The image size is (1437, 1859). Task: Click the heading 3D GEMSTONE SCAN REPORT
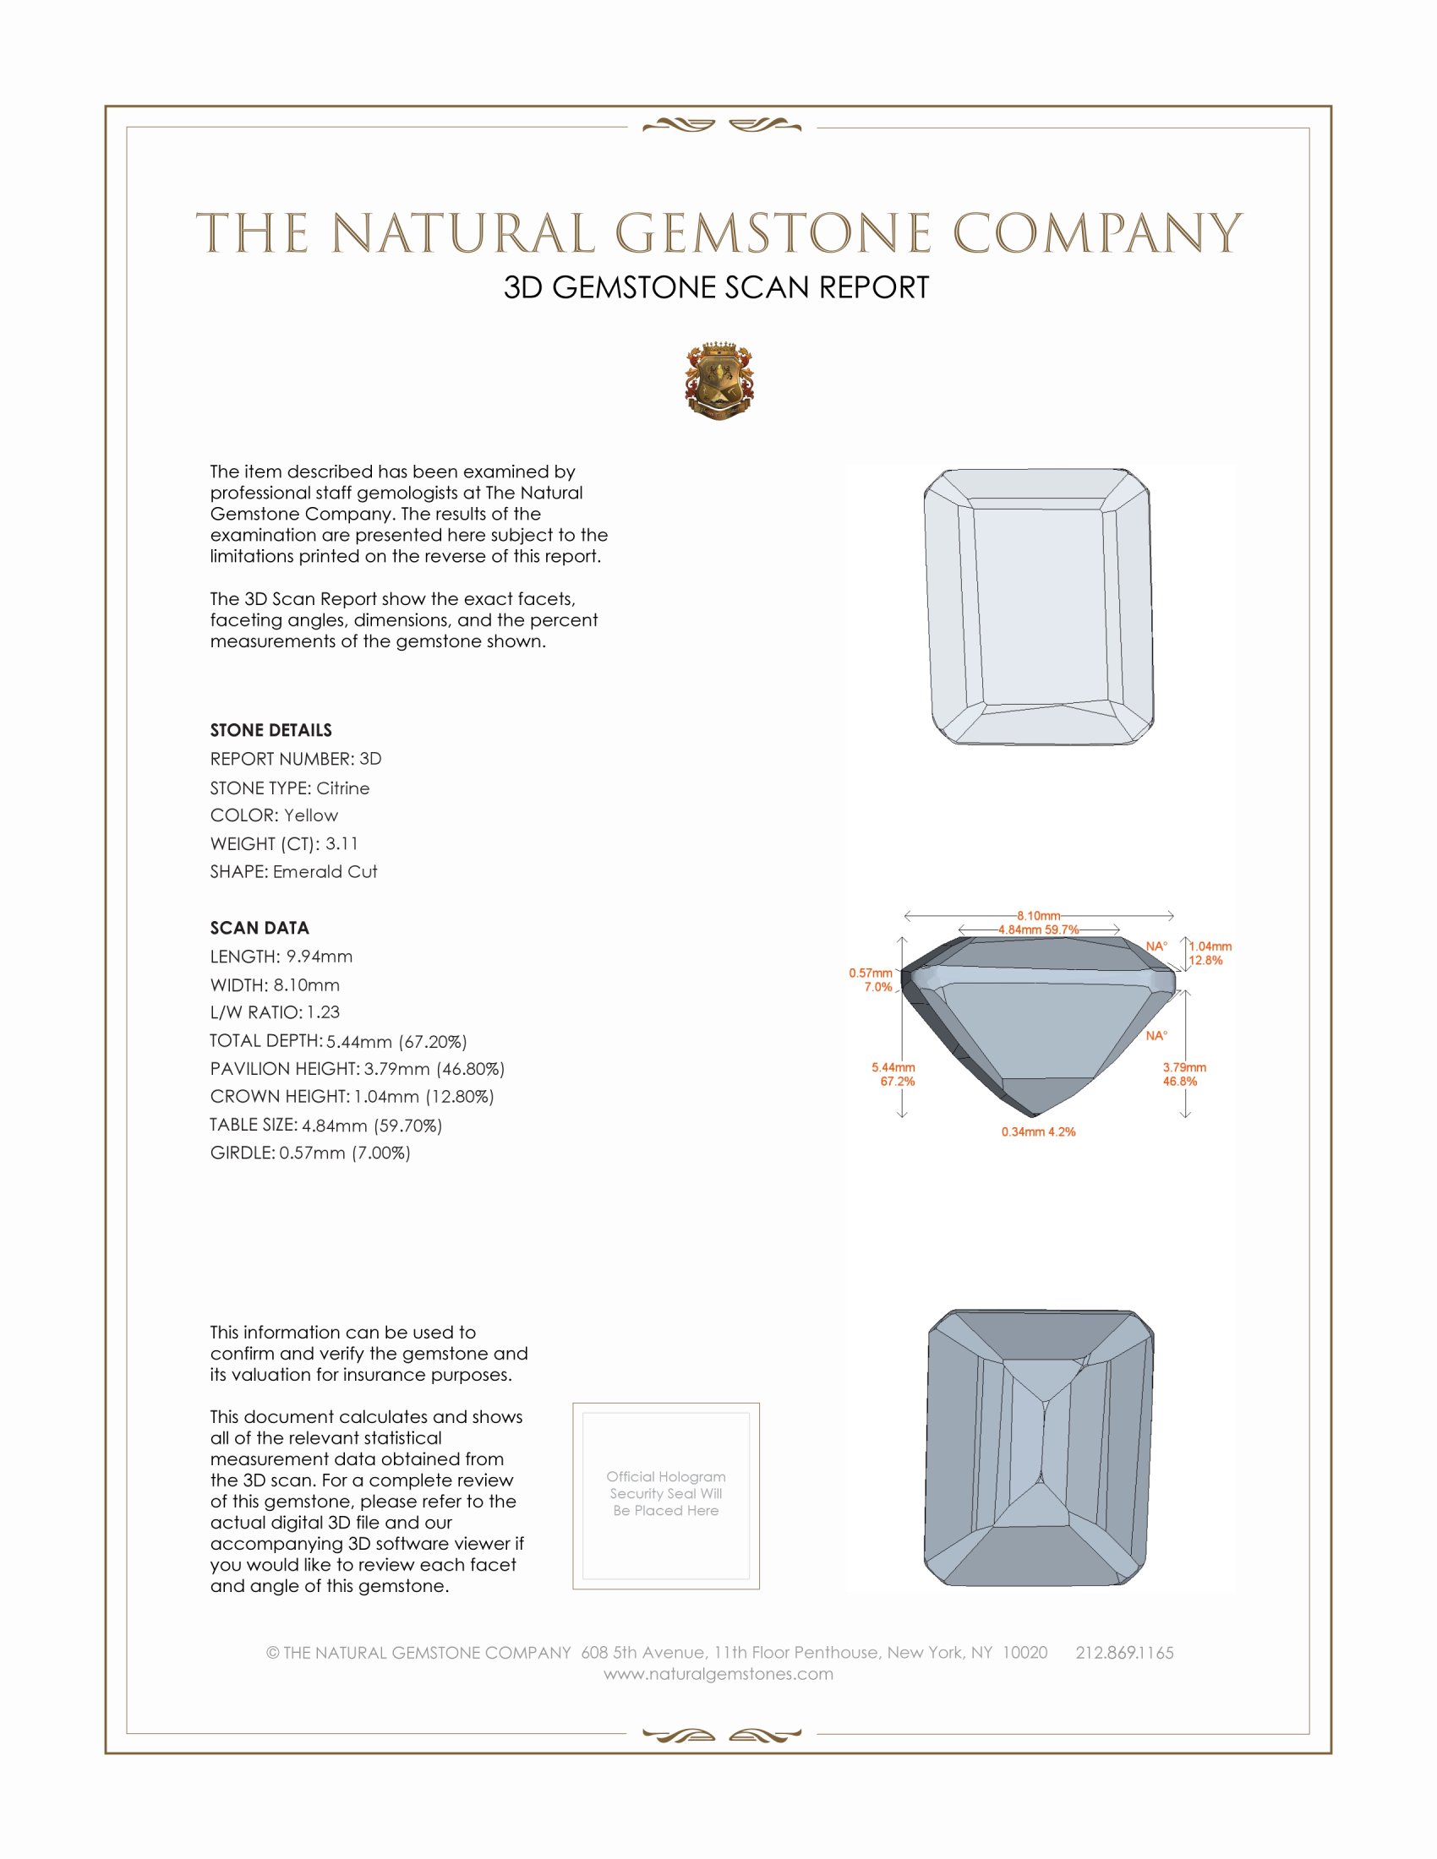tap(716, 287)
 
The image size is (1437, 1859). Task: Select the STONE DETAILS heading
tap(270, 730)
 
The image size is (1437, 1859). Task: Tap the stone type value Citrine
tap(342, 788)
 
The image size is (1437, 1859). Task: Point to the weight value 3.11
tap(341, 843)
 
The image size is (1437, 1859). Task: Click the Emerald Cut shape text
tap(325, 872)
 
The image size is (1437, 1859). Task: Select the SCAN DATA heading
tap(260, 928)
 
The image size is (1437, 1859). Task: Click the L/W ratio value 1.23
tap(324, 1012)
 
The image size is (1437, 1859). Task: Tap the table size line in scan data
tap(326, 1126)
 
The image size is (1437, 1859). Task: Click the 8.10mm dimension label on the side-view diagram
tap(1038, 916)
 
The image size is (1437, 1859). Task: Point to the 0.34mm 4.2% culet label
tap(1038, 1132)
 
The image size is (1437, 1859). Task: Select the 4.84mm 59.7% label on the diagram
tap(1038, 929)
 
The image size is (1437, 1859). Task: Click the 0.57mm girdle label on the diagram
tap(870, 973)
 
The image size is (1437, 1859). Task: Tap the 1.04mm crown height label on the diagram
tap(1210, 946)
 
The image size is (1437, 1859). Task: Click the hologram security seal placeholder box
tap(666, 1496)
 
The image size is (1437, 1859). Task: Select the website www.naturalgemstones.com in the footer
tap(718, 1673)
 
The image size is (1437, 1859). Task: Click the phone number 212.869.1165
tap(1123, 1652)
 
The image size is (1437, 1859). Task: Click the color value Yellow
tap(311, 815)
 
